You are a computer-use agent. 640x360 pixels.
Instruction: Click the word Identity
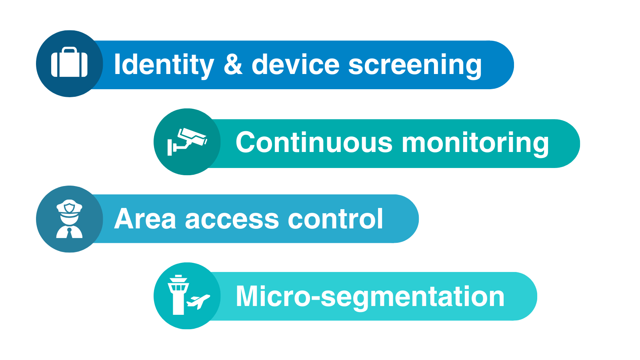(x=164, y=66)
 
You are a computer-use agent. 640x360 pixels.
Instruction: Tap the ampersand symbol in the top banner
(x=233, y=64)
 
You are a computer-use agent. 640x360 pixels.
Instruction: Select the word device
(x=296, y=64)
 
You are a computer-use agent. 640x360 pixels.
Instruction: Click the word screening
(x=415, y=66)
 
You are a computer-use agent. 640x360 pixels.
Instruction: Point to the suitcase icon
(x=69, y=62)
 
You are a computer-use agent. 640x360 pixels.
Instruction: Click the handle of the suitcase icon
(x=70, y=50)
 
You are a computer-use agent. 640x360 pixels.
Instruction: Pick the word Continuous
(x=314, y=142)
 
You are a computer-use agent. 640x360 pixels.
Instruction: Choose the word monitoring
(x=475, y=144)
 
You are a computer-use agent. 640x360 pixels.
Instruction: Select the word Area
(x=145, y=219)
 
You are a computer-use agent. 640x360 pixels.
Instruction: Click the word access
(x=232, y=220)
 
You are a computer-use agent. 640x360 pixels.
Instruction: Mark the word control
(x=335, y=218)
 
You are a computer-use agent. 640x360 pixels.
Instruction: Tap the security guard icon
(x=70, y=219)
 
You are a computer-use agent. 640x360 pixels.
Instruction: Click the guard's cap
(x=70, y=206)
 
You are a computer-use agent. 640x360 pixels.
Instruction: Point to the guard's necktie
(x=70, y=233)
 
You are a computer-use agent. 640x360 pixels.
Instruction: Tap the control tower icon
(x=178, y=295)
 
